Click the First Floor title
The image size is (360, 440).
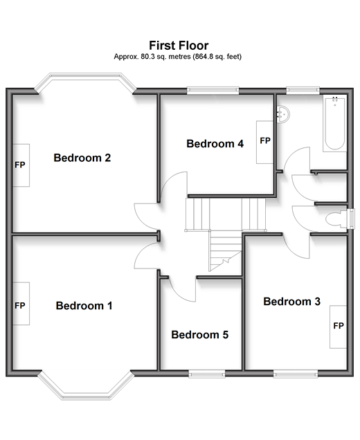[x=179, y=46]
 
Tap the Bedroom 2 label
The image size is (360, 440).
[x=82, y=158]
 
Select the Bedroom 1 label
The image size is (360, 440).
[x=84, y=306]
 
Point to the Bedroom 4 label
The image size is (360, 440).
[x=215, y=144]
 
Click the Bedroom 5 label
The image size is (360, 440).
[x=199, y=335]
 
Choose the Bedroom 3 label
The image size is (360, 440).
[x=291, y=302]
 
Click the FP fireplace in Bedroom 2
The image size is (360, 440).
[x=21, y=165]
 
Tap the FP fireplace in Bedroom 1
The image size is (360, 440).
[x=21, y=304]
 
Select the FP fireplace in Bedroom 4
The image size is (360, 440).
[x=264, y=143]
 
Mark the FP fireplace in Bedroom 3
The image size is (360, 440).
[x=338, y=327]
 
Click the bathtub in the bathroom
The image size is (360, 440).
[x=334, y=123]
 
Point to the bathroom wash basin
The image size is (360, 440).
[x=282, y=113]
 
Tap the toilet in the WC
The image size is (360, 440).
[x=336, y=219]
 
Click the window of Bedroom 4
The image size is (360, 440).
[x=213, y=90]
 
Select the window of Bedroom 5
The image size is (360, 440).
[x=207, y=374]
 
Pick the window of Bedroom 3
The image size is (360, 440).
[x=296, y=374]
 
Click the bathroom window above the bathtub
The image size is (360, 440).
[x=303, y=90]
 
